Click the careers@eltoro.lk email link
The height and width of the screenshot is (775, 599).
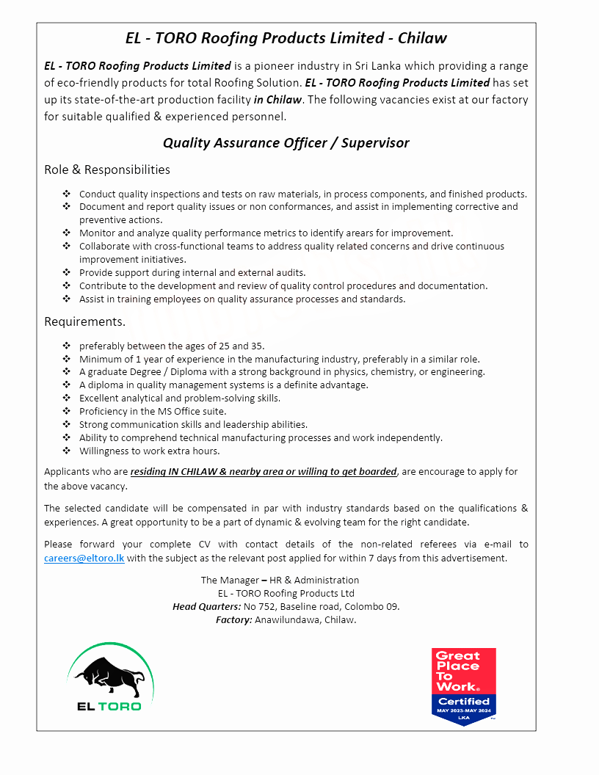click(x=84, y=558)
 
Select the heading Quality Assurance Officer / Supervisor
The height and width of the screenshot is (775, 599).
click(x=286, y=142)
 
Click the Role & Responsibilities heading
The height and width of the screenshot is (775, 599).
click(x=107, y=170)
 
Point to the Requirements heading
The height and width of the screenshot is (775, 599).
click(x=84, y=321)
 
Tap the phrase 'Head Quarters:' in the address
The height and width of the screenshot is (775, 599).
click(x=206, y=607)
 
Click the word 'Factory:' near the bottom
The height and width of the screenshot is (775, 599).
click(x=233, y=620)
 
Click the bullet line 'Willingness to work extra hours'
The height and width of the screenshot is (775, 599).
click(x=149, y=451)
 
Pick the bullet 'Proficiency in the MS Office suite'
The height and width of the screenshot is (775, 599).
click(x=153, y=412)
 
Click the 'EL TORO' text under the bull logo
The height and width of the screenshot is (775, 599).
click(x=109, y=706)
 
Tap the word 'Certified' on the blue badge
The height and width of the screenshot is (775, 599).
click(x=463, y=701)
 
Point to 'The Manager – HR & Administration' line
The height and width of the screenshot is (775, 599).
click(x=280, y=581)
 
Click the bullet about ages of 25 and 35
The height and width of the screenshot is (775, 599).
click(x=172, y=346)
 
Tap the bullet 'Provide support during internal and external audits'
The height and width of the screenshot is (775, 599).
click(x=192, y=273)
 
